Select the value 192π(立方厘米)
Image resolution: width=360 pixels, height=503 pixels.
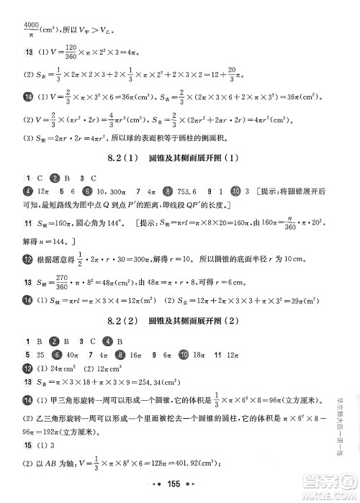coord(67,433)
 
